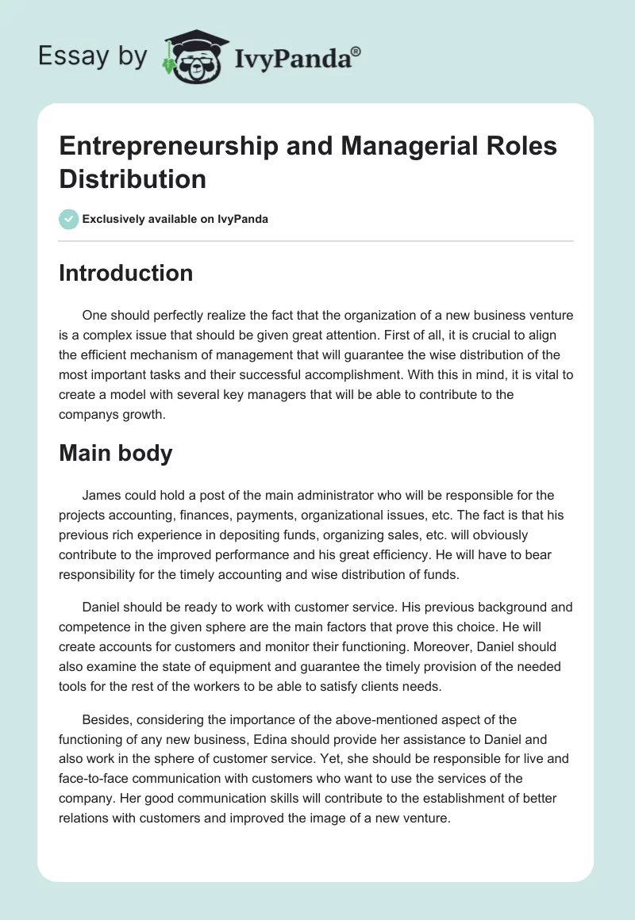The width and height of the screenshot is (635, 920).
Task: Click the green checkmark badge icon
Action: (x=69, y=219)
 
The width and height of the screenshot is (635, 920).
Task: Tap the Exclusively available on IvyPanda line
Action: (x=175, y=219)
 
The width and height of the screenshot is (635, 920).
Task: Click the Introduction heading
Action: (x=126, y=273)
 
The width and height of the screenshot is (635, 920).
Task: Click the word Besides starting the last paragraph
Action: (x=106, y=719)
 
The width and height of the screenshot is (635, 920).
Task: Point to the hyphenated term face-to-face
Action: (x=98, y=778)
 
